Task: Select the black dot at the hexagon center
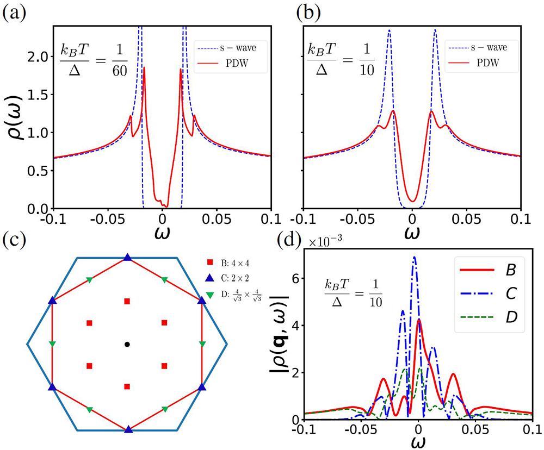pos(127,344)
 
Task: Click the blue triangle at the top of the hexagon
pos(127,258)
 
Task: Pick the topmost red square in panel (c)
pos(127,301)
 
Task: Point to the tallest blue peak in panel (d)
pos(415,258)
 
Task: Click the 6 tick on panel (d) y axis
pos(294,278)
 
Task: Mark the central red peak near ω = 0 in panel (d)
pos(418,320)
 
